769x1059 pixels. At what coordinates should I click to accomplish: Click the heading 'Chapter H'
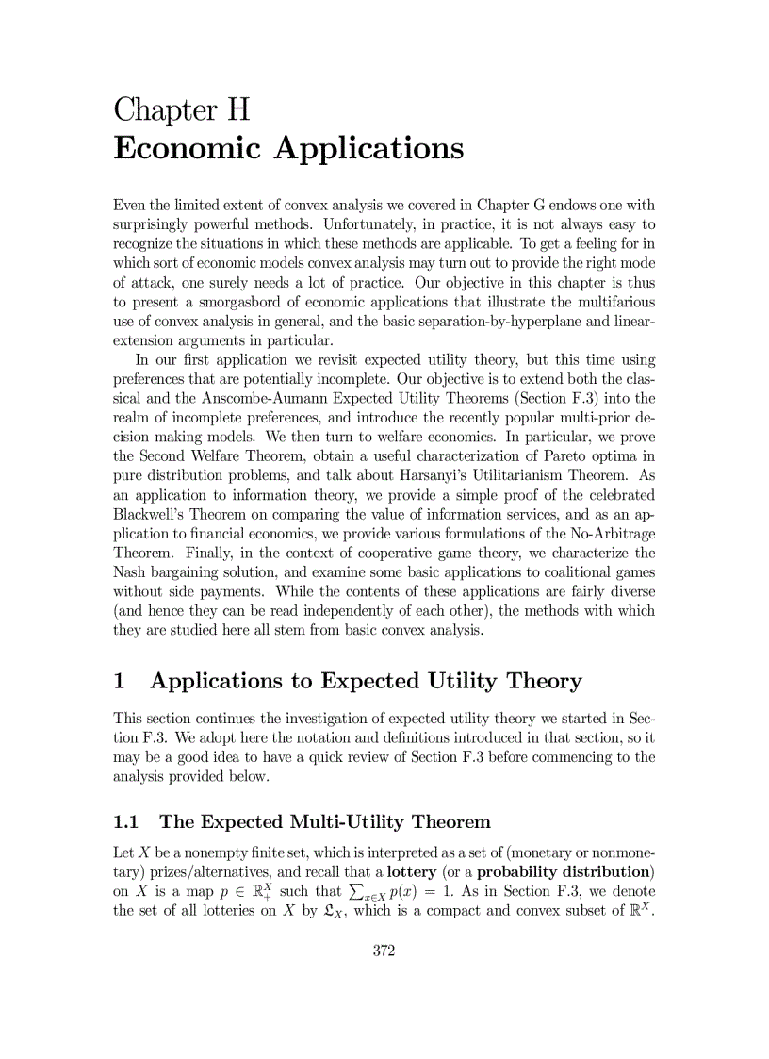pos(182,109)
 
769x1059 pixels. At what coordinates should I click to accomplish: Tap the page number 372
pos(384,951)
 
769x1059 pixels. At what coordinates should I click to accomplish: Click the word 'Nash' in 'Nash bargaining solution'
pos(130,572)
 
